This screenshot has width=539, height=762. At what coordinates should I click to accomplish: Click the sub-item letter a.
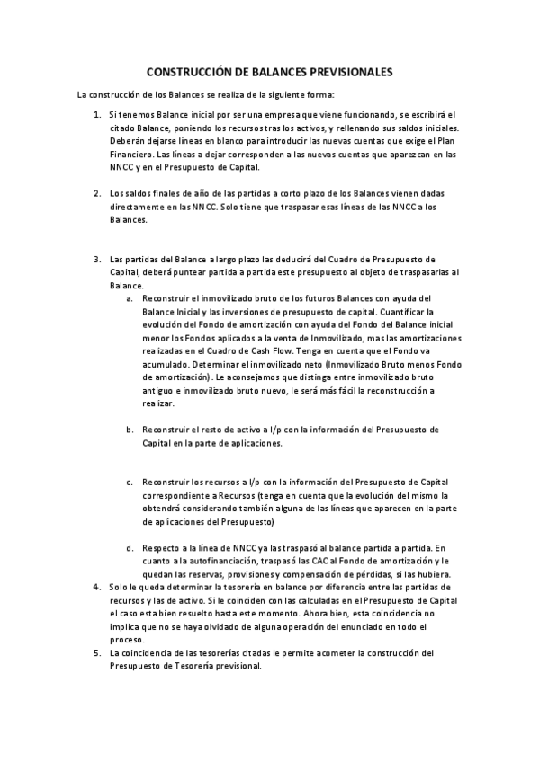pyautogui.click(x=130, y=297)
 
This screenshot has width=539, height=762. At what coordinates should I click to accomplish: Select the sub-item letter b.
pyautogui.click(x=130, y=430)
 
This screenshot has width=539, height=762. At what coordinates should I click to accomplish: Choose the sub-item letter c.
pyautogui.click(x=130, y=482)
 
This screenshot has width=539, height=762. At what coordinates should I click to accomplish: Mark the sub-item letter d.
pyautogui.click(x=130, y=547)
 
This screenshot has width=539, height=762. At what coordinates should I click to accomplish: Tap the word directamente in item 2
pyautogui.click(x=138, y=207)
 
